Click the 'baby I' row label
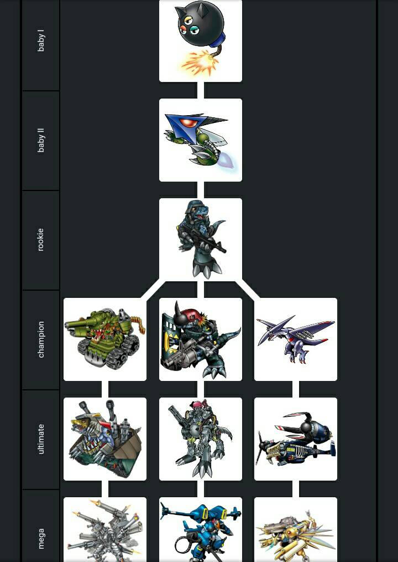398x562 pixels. [41, 41]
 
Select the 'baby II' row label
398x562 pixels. [41, 141]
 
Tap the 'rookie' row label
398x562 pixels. [41, 240]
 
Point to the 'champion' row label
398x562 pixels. [41, 339]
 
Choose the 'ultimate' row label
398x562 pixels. [41, 439]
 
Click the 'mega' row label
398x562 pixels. [41, 538]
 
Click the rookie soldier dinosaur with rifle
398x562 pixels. [201, 240]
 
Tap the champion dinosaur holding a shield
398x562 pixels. [201, 339]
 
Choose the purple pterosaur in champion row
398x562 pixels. [296, 339]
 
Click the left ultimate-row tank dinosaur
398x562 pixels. [105, 439]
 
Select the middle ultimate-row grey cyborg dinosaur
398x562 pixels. [201, 439]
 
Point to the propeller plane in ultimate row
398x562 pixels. [296, 439]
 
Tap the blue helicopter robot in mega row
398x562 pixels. [201, 530]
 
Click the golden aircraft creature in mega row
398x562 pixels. [296, 530]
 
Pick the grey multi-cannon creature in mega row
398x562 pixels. [105, 530]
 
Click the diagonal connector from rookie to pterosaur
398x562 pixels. [248, 290]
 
